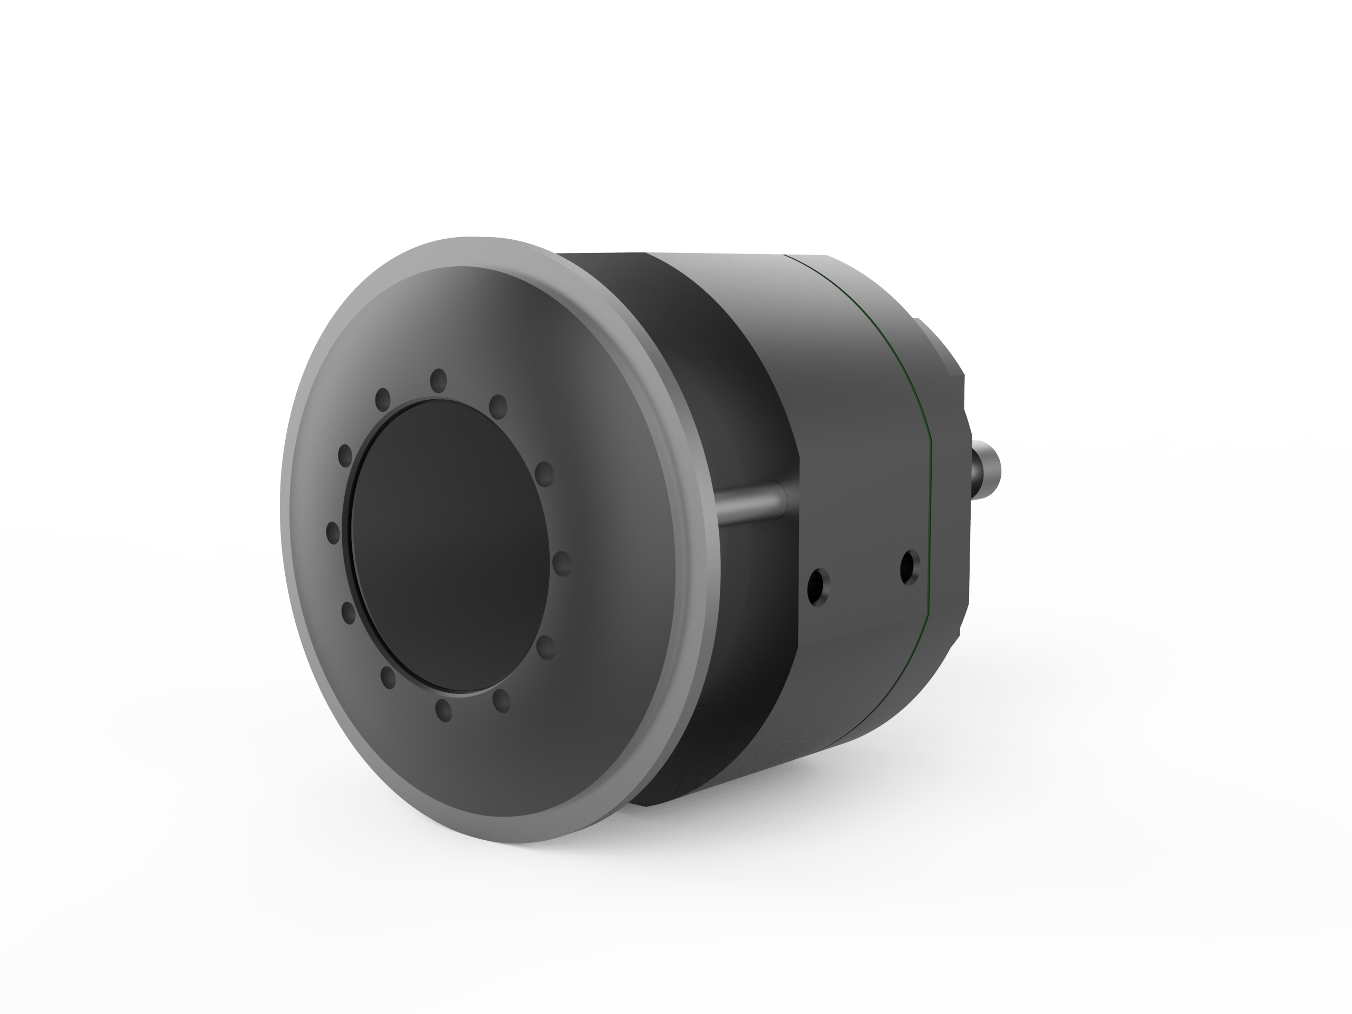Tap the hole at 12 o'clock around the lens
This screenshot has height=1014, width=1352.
click(x=438, y=380)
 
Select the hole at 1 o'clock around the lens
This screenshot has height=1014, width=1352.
click(x=498, y=405)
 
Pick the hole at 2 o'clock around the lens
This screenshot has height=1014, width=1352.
click(x=543, y=474)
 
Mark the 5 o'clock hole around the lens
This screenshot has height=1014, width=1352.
click(x=502, y=701)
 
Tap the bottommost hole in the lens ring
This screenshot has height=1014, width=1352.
click(x=444, y=710)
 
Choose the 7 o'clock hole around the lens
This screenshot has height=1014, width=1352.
click(x=388, y=677)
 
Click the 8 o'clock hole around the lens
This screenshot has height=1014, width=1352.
click(x=349, y=613)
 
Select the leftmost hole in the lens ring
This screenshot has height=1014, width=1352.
click(x=333, y=532)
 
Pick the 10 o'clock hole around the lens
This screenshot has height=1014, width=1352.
click(x=345, y=455)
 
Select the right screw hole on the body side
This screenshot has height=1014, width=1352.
click(x=909, y=567)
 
